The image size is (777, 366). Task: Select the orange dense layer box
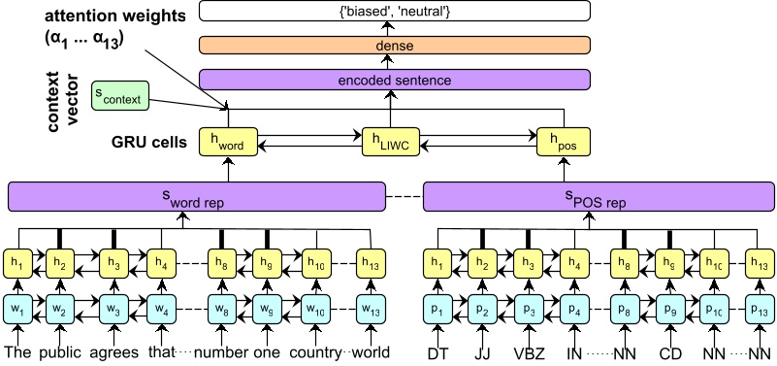(x=394, y=46)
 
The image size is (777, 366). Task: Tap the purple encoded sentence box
(x=394, y=81)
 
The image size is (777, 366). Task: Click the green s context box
(x=118, y=96)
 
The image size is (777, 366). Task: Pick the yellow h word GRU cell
(x=226, y=142)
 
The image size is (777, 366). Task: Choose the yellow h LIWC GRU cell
(x=392, y=142)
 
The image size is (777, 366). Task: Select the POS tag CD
(x=668, y=350)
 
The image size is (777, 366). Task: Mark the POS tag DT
(x=438, y=350)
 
